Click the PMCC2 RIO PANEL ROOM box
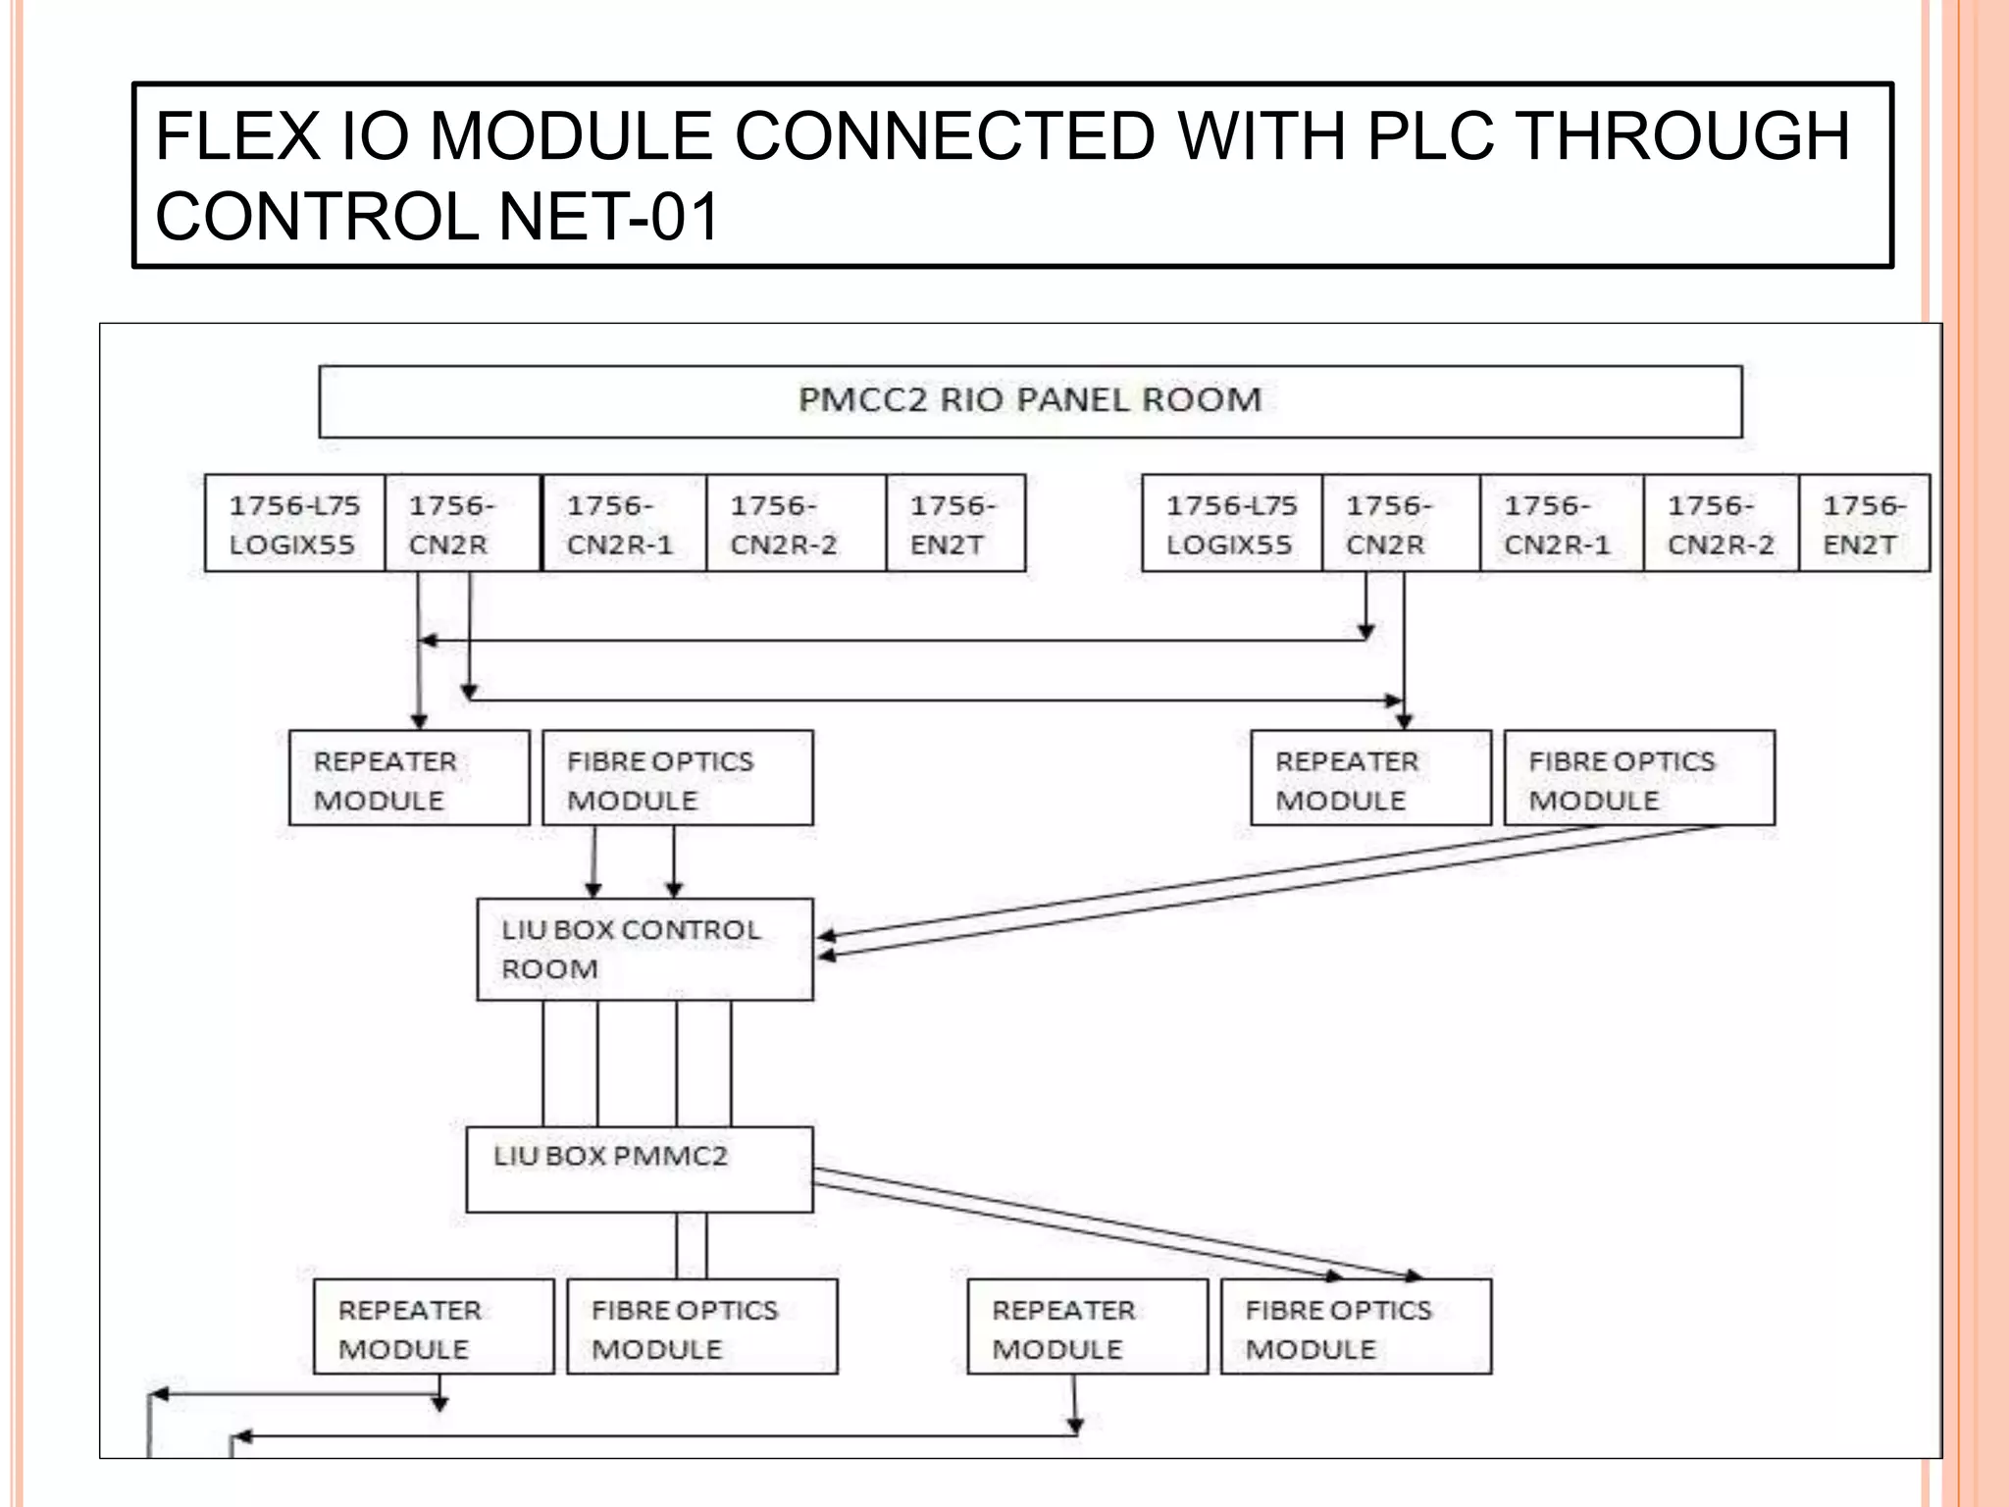(1030, 401)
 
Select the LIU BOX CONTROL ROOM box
(644, 949)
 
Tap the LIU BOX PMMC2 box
(639, 1169)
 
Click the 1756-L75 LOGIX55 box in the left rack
(294, 524)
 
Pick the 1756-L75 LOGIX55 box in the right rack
(1231, 524)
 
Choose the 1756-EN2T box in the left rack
(954, 524)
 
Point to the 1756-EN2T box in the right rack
(1863, 524)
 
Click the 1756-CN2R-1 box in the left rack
(623, 524)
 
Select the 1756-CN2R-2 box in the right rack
(1721, 524)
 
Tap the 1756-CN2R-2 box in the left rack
(795, 524)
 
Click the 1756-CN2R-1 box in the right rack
(1560, 524)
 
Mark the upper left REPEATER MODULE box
(409, 778)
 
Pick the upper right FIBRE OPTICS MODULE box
(1638, 778)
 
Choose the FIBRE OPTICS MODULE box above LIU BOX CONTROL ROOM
(677, 778)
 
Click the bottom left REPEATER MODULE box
(433, 1326)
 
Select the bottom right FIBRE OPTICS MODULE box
(1355, 1326)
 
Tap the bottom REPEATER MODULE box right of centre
(1086, 1326)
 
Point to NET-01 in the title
(609, 217)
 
